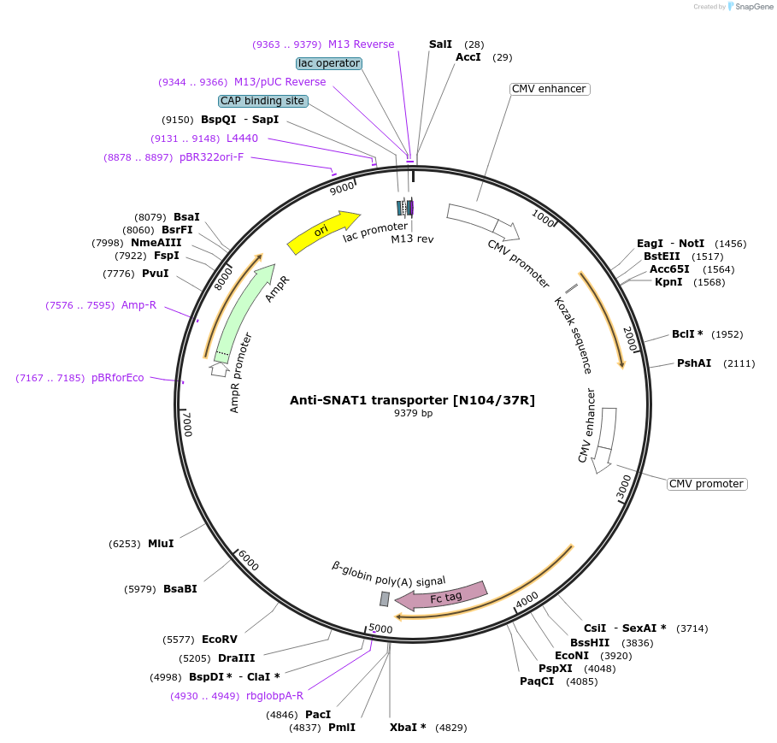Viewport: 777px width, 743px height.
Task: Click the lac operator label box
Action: coord(329,63)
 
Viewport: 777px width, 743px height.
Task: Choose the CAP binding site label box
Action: coord(262,101)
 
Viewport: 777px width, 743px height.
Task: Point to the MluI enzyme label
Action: coord(161,544)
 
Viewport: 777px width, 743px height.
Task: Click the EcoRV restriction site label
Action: coord(220,640)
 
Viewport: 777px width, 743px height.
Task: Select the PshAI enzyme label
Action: coord(694,363)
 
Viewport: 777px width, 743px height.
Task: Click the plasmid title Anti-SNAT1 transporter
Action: coord(412,400)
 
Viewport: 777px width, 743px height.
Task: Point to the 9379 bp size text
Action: coord(413,414)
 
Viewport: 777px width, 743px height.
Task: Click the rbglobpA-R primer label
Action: coord(274,696)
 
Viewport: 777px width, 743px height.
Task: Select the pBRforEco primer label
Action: coord(118,378)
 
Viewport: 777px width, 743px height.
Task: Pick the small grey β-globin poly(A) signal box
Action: coord(385,599)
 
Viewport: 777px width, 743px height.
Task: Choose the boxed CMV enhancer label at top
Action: coord(549,89)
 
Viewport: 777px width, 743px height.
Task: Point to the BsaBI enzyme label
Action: coord(180,589)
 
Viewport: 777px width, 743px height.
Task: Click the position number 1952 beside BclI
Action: coord(727,334)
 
